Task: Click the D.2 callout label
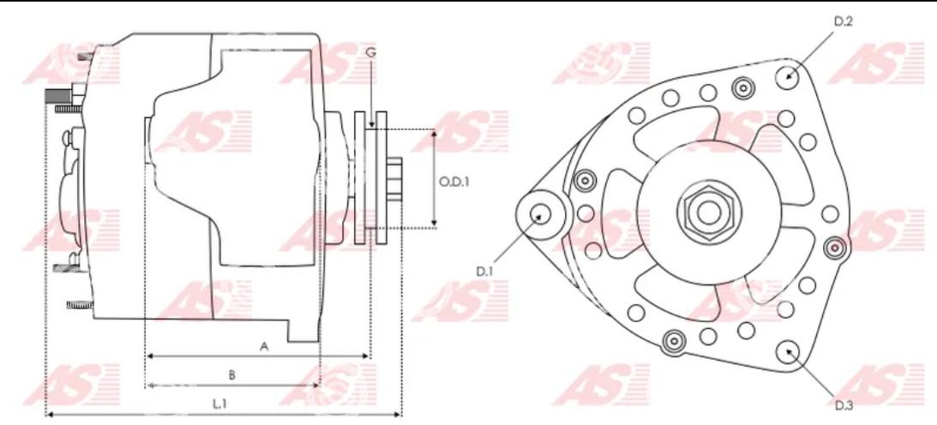pyautogui.click(x=844, y=22)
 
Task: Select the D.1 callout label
pyautogui.click(x=484, y=271)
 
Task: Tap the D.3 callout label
pyautogui.click(x=844, y=406)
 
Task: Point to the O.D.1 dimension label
pyautogui.click(x=454, y=182)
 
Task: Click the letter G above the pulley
pyautogui.click(x=370, y=53)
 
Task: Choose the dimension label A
pyautogui.click(x=263, y=346)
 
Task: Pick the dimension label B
pyautogui.click(x=232, y=374)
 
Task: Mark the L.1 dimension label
pyautogui.click(x=220, y=404)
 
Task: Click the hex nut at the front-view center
pyautogui.click(x=708, y=212)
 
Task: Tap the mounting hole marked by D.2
pyautogui.click(x=788, y=76)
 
